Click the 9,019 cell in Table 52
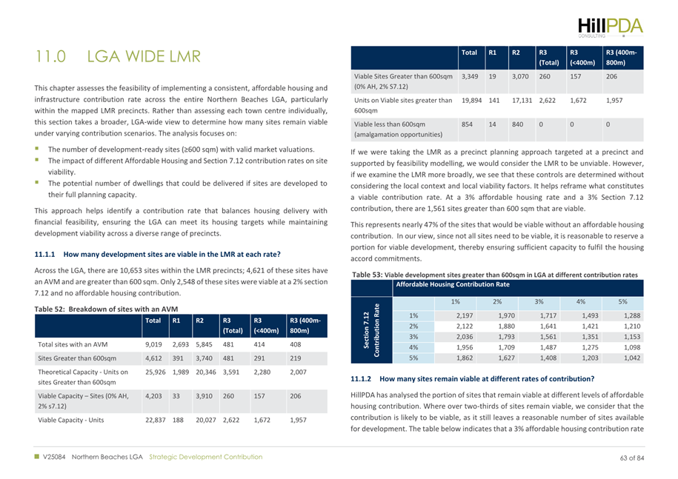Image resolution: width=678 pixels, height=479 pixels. (153, 344)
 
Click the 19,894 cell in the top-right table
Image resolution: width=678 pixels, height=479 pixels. (471, 99)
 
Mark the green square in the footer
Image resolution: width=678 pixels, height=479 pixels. (37, 457)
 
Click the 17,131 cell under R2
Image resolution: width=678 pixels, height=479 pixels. (522, 99)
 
